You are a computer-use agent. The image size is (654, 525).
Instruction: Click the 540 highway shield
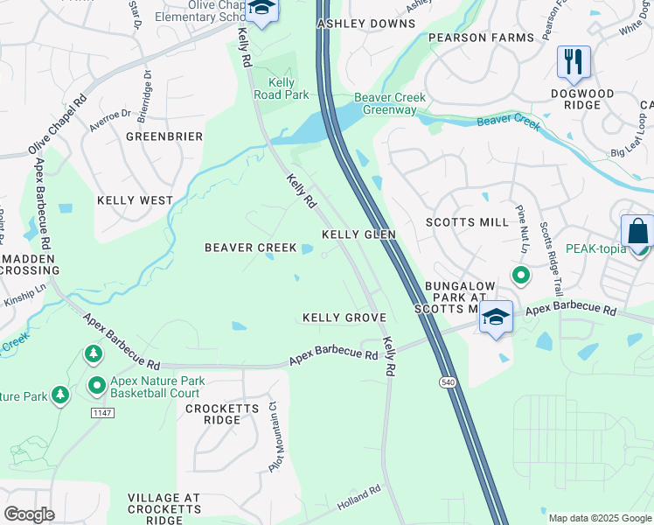[x=448, y=382]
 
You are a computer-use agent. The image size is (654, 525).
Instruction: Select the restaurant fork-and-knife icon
[x=574, y=61]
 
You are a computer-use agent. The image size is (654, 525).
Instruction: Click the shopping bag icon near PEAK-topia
[x=637, y=232]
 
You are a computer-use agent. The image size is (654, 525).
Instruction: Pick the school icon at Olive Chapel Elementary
[x=261, y=10]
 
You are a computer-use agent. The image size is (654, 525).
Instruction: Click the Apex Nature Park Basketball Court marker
[x=97, y=384]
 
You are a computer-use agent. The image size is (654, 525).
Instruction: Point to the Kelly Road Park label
[x=281, y=88]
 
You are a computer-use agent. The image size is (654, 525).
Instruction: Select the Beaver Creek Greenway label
[x=386, y=103]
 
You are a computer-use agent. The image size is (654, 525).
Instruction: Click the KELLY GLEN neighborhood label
[x=358, y=234]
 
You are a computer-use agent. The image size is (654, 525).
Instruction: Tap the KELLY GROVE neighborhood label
[x=344, y=317]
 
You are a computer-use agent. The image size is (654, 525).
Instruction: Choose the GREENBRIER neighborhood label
[x=164, y=136]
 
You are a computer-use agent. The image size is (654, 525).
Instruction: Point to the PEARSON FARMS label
[x=480, y=38]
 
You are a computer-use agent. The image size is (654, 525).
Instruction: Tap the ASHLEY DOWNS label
[x=365, y=24]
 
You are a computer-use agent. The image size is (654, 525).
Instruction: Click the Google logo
[x=30, y=514]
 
